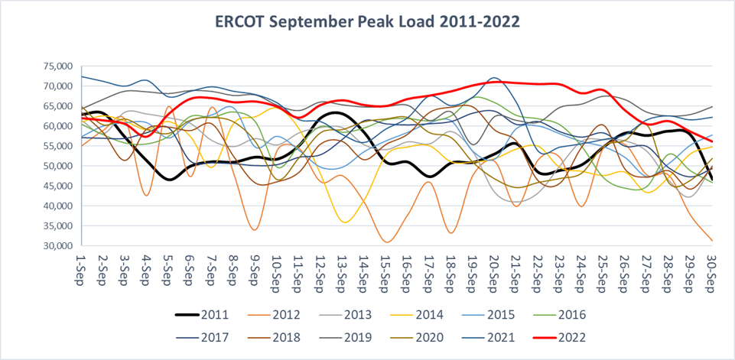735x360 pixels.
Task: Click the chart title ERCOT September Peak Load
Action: pyautogui.click(x=367, y=21)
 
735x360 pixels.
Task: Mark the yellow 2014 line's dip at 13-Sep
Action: pyautogui.click(x=346, y=222)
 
